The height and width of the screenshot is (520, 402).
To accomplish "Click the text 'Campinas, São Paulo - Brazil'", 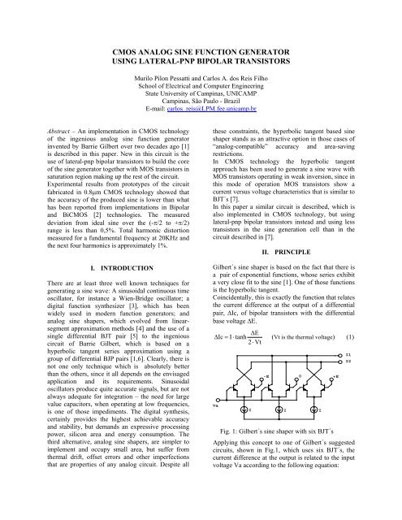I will [x=201, y=98].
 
